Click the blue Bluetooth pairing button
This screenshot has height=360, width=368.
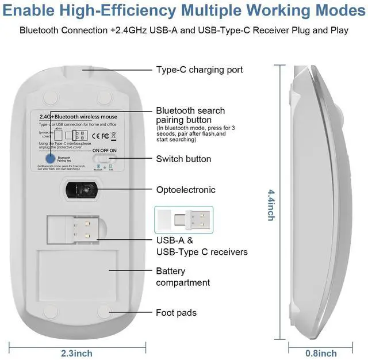point(50,158)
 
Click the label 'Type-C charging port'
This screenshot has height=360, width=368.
point(199,70)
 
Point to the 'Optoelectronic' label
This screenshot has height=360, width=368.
point(186,190)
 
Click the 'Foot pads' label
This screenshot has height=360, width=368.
point(176,313)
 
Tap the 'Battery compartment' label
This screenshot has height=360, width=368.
point(183,277)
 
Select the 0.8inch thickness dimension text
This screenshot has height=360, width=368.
point(320,353)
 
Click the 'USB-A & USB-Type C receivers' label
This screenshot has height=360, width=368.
point(201,246)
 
